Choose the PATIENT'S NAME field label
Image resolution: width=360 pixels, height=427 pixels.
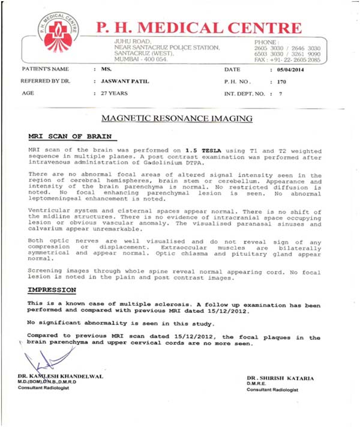click(41, 70)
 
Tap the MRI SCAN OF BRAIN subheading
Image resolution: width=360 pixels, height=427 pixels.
click(62, 136)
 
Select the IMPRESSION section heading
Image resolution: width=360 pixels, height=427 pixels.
click(52, 290)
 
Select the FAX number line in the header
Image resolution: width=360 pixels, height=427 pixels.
click(287, 60)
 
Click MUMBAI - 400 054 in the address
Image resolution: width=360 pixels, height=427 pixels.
click(140, 60)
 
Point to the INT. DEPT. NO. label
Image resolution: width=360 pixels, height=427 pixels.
click(245, 94)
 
